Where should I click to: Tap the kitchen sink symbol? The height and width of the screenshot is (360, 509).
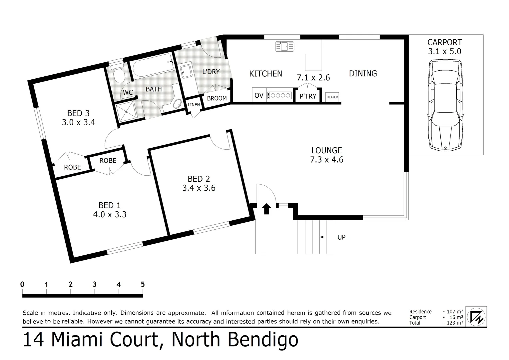284,46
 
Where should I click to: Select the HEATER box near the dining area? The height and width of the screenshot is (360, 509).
332,97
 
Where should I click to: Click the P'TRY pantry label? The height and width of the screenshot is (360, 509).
308,96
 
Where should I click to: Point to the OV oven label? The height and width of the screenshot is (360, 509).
259,96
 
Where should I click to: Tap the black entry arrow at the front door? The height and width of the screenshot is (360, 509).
266,209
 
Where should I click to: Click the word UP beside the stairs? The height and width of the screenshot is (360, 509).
341,237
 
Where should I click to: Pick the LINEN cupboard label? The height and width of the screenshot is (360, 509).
194,105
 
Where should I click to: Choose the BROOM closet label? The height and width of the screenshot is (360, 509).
217,98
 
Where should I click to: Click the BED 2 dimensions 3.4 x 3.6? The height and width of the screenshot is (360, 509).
199,188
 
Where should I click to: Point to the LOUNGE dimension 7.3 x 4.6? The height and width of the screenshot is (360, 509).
326,160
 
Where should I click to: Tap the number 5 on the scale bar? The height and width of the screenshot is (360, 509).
143,284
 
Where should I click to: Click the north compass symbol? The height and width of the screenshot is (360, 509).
476,316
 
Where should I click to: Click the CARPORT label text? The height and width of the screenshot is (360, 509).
445,42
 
